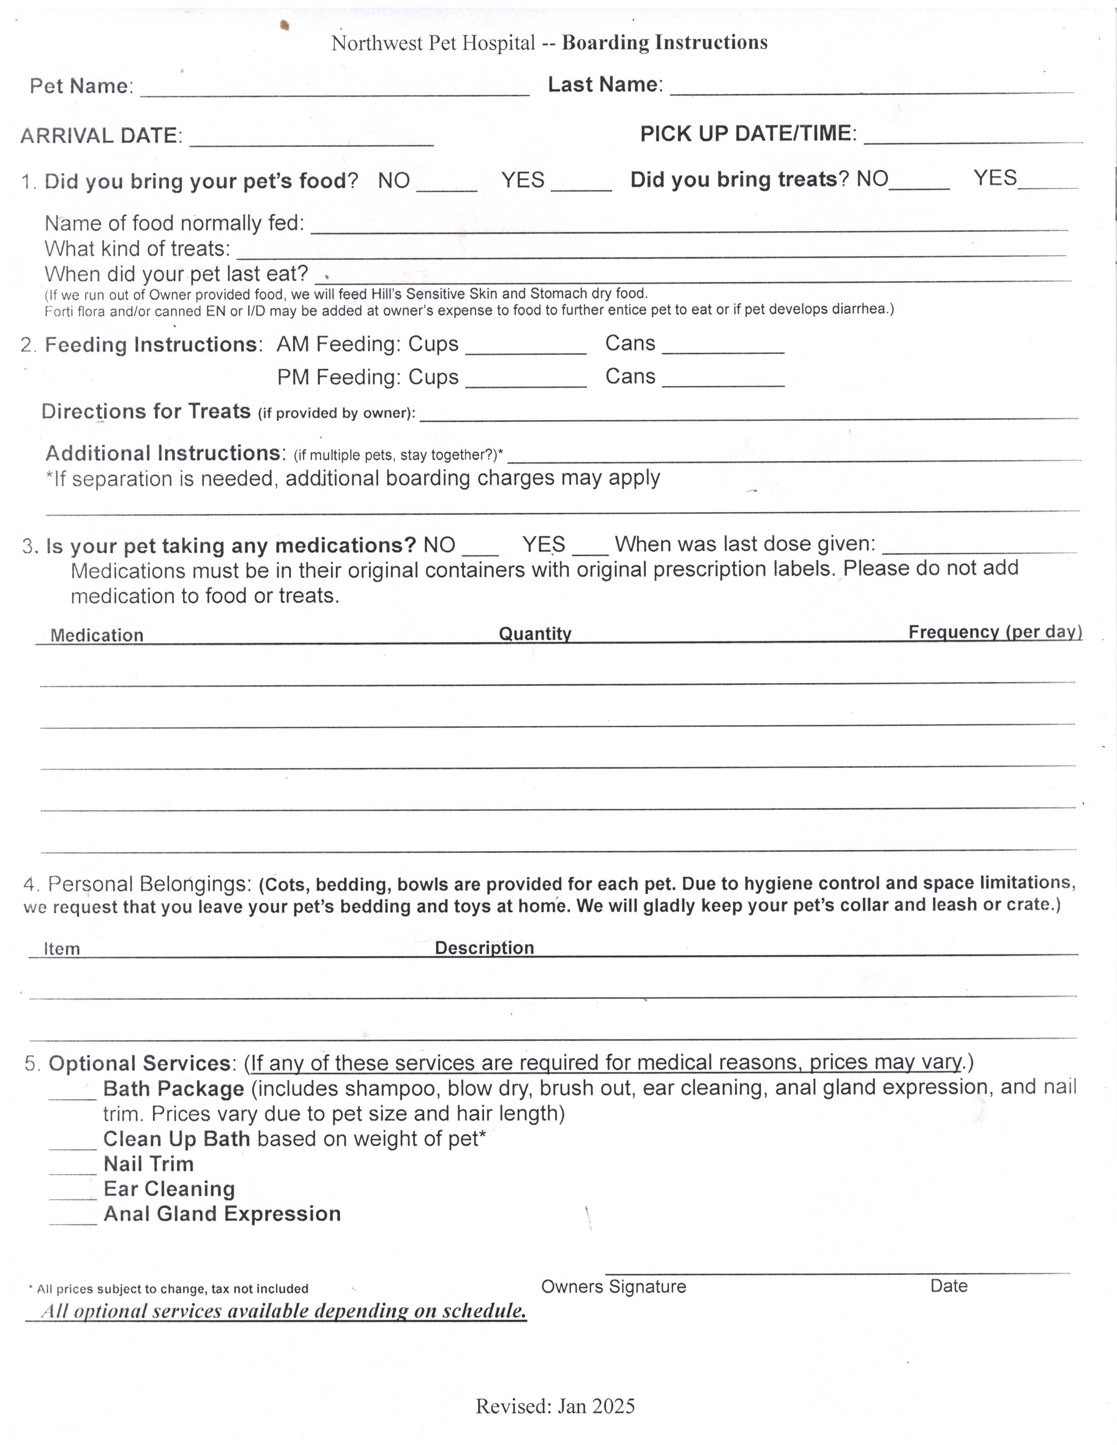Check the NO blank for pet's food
(x=447, y=185)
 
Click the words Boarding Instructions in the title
(x=665, y=42)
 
